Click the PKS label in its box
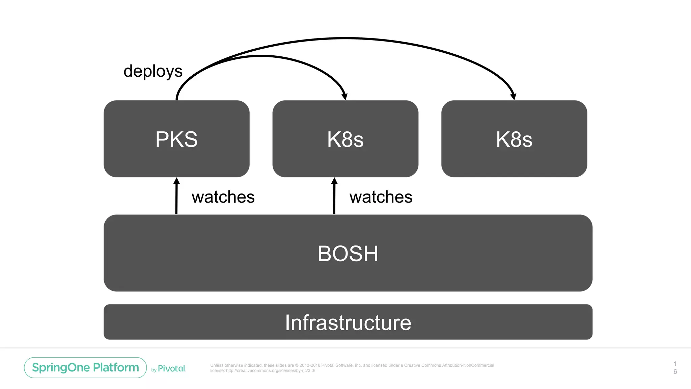coord(176,139)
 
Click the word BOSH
coord(348,254)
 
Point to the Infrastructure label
coord(348,322)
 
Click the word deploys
coord(153,71)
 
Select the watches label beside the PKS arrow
coord(223,197)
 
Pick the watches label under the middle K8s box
coord(381,197)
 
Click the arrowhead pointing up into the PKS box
coord(176,181)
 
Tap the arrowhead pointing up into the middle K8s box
coord(334,181)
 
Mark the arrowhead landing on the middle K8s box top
coord(344,97)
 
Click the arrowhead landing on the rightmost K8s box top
coord(513,97)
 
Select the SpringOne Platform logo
coord(85,367)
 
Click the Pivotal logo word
coord(171,368)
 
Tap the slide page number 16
coord(675,368)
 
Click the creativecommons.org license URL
coord(270,370)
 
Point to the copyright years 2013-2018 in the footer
coord(310,365)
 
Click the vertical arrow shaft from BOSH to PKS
coord(176,199)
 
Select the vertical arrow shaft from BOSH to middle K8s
coord(334,199)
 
